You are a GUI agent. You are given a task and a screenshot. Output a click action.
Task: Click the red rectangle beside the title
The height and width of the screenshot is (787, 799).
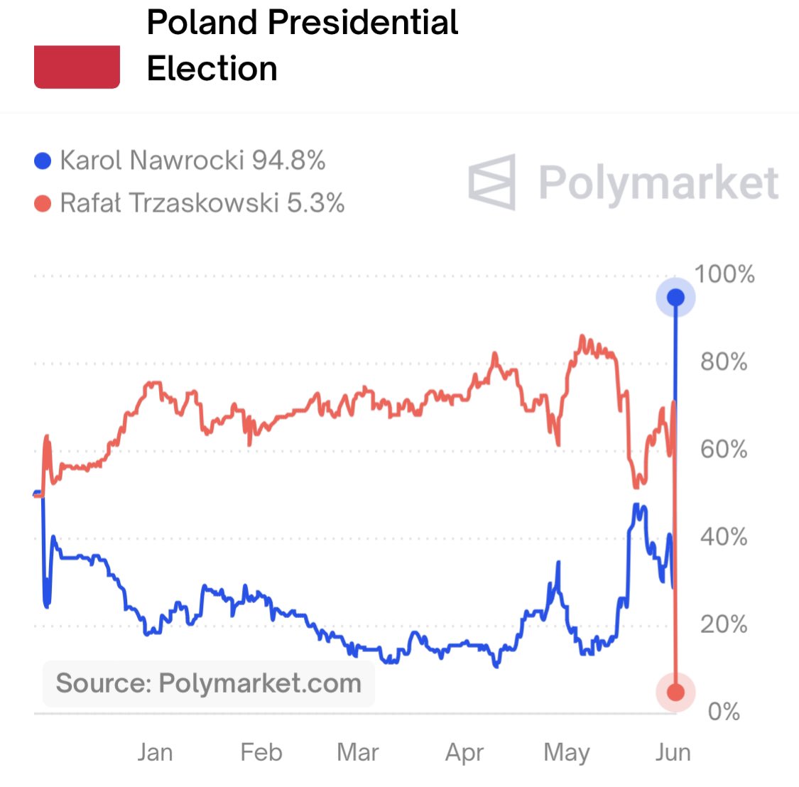point(77,67)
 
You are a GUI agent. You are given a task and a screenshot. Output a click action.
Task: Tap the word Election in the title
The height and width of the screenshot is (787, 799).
point(212,69)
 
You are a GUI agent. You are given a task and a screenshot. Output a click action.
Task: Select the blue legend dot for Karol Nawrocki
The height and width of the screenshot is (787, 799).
point(43,161)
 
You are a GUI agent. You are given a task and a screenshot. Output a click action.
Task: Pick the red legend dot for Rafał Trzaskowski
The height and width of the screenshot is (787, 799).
point(43,205)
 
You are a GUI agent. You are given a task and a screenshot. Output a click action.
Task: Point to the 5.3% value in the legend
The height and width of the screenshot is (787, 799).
point(315,204)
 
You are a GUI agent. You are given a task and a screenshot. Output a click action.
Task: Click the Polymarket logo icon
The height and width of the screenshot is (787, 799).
point(492,182)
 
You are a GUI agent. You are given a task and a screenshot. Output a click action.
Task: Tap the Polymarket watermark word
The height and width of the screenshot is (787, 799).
point(658,183)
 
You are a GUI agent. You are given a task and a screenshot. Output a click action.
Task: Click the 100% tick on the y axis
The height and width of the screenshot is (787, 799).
point(724,274)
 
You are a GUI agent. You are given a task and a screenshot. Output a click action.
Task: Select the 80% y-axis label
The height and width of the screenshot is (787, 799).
point(724,362)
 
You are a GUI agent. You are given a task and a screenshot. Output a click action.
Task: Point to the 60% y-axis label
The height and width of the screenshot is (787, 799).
point(724,450)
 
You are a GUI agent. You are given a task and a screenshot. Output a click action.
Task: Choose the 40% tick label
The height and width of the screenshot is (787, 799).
point(724,537)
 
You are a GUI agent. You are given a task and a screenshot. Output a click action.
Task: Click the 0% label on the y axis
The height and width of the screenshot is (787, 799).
point(724,712)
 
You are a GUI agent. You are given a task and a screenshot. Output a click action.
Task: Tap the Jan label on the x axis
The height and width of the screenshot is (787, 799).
point(155,752)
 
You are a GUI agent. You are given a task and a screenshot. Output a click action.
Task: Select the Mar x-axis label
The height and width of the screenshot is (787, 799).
point(358,752)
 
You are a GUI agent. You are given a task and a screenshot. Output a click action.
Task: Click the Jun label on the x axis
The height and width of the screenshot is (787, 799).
point(673,752)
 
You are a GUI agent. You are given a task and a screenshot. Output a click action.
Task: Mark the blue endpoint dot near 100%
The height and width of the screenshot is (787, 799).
point(675,297)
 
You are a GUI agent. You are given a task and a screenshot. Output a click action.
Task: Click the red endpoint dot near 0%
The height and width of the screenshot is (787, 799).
point(675,692)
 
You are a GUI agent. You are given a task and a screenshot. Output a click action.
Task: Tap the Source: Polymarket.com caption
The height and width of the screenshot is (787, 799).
point(208,683)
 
